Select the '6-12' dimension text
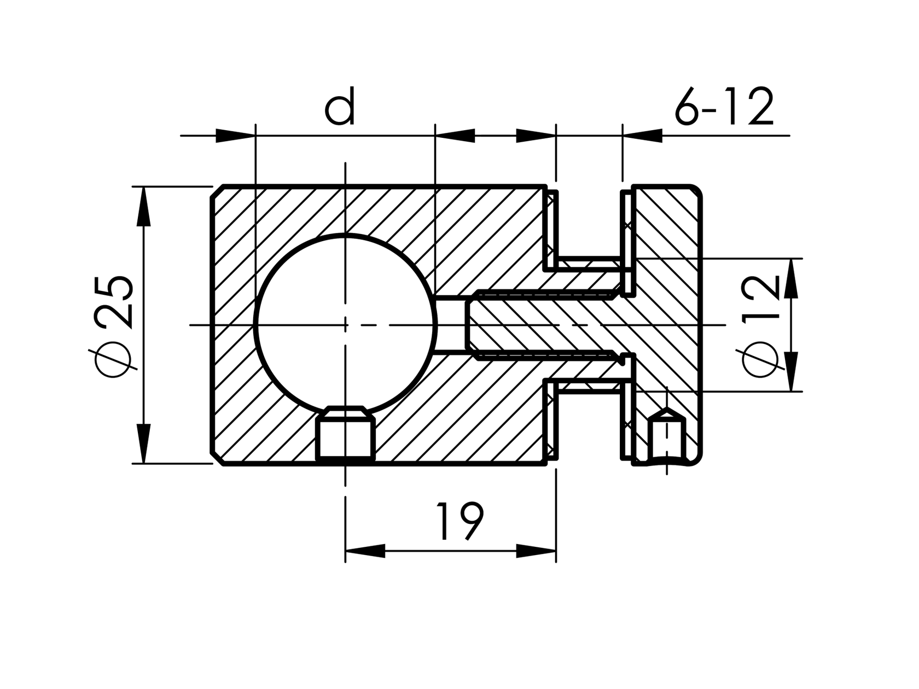[x=724, y=107]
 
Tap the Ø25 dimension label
[x=114, y=325]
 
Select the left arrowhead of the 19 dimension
[x=365, y=551]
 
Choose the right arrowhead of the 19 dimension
[x=536, y=551]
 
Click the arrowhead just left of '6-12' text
[x=642, y=136]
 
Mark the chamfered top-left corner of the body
[x=217, y=192]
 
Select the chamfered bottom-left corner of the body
[x=217, y=458]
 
